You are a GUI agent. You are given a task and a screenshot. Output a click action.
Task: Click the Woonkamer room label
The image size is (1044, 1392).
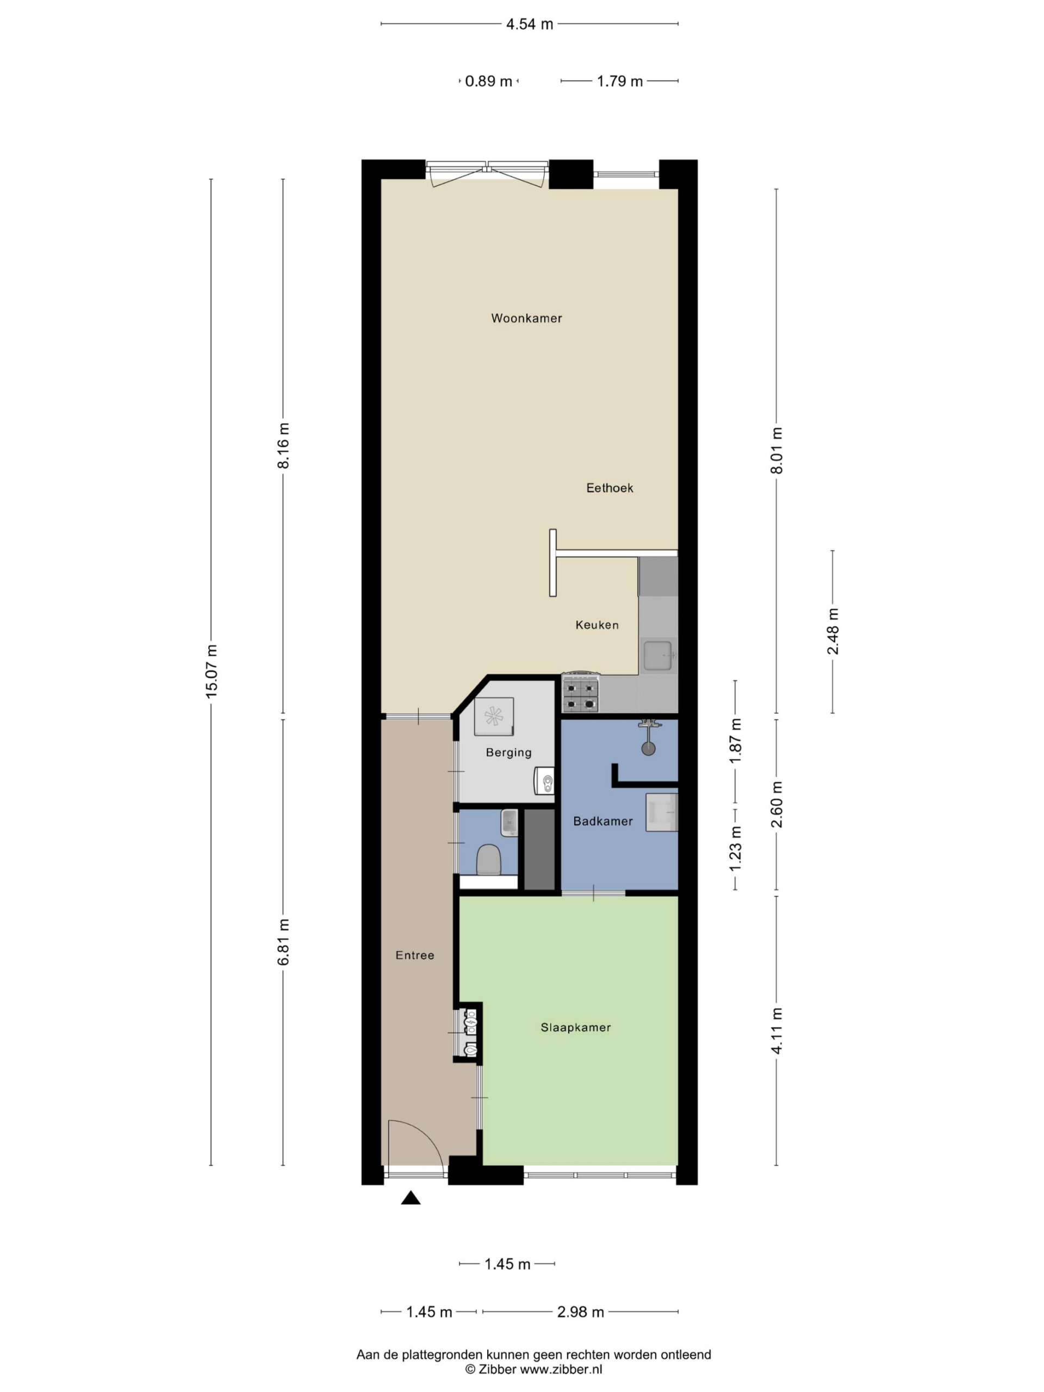(x=526, y=319)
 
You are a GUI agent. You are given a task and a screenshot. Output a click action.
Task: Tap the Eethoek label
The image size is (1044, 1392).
(x=609, y=488)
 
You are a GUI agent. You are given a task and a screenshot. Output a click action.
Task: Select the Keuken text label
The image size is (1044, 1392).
(x=596, y=625)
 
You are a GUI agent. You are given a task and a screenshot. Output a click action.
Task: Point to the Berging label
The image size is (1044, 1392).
(x=508, y=753)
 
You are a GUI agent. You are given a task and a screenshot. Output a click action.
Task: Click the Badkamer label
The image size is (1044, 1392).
(x=603, y=821)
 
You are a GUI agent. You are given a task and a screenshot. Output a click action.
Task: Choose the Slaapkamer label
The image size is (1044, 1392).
(x=575, y=1028)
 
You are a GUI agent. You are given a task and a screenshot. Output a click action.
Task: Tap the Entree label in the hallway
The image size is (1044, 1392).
(x=415, y=955)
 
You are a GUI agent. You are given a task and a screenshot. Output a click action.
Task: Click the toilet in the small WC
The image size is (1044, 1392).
(x=488, y=860)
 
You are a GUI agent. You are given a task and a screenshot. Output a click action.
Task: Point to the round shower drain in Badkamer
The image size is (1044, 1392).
(x=648, y=749)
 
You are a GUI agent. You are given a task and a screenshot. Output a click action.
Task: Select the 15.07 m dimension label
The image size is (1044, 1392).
(x=212, y=670)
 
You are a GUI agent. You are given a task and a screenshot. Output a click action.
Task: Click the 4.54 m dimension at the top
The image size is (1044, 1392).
(x=530, y=24)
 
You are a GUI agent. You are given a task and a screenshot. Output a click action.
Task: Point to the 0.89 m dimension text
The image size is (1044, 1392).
(x=488, y=81)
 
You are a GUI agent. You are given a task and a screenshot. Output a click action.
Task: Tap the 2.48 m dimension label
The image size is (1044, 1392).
(x=832, y=631)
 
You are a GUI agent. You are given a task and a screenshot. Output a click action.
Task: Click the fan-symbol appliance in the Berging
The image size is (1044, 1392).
(x=494, y=717)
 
